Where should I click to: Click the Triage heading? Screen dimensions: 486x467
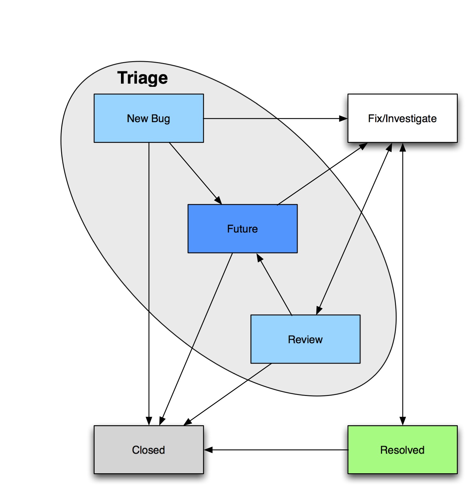[x=142, y=78]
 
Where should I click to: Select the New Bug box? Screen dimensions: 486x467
[x=149, y=118]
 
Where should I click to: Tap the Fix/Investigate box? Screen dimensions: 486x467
[x=402, y=118]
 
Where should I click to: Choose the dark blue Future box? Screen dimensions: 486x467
[x=242, y=228]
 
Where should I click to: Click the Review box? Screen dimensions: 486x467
[x=305, y=339]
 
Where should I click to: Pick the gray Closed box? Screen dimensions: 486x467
[x=149, y=449]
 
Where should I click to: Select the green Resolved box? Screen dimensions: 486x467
[x=402, y=449]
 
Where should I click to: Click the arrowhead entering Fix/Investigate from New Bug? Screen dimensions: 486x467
[x=343, y=119]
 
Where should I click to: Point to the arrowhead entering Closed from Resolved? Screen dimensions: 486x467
[x=209, y=450]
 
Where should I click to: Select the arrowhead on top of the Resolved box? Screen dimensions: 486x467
[x=403, y=421]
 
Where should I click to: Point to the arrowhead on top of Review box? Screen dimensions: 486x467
[x=319, y=310]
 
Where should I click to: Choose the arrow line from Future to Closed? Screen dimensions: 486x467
[x=196, y=339]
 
